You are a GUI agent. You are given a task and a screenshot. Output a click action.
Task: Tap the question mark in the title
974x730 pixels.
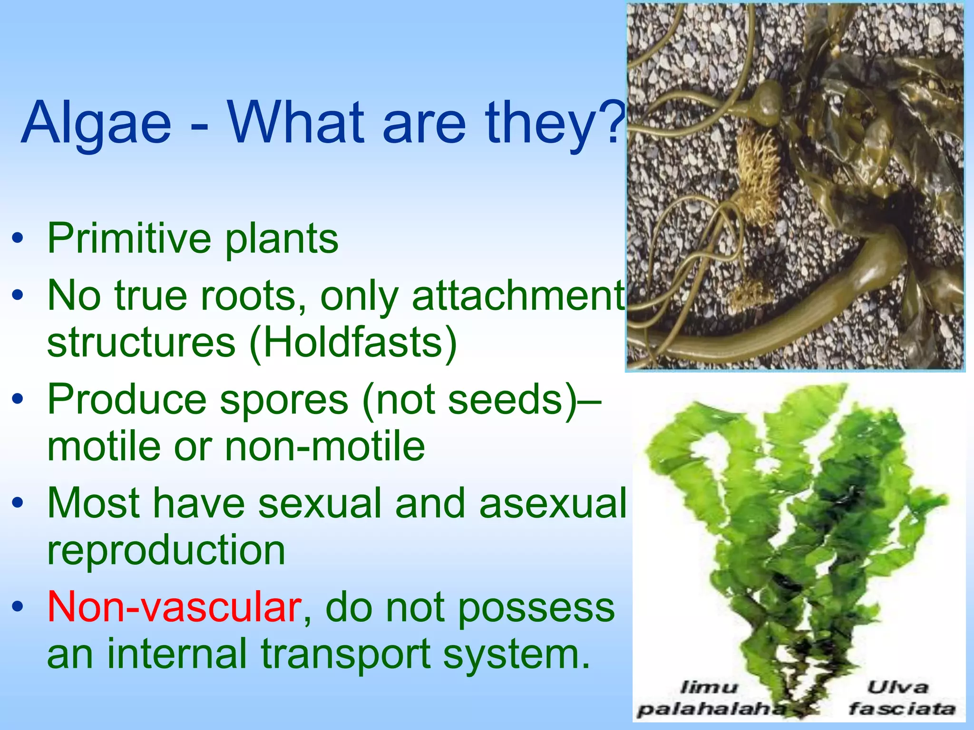pos(614,122)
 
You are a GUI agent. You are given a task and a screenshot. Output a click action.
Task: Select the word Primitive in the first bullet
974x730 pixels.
pos(129,239)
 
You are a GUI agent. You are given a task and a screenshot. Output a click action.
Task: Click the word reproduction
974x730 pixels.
pos(166,550)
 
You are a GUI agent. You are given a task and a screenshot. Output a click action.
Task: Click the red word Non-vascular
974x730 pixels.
pos(174,607)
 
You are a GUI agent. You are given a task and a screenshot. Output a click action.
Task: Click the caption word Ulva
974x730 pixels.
pos(897,687)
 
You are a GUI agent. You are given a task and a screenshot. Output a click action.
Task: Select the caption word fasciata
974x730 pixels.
pos(902,709)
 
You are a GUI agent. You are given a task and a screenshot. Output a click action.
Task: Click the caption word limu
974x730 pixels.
pos(709,687)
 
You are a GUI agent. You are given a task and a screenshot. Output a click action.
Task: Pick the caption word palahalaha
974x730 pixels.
pos(711,710)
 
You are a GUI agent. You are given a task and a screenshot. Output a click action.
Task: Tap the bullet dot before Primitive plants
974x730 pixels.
pos(18,239)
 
